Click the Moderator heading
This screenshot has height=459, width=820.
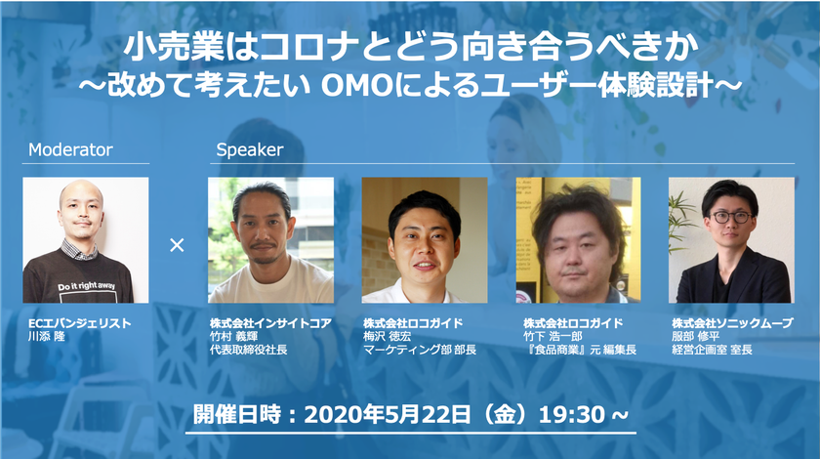coord(70,149)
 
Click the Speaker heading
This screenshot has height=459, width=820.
coord(250,150)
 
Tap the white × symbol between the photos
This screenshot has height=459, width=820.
coord(178,244)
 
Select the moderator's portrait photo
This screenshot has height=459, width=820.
coord(86,240)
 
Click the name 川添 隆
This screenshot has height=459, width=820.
coord(47,337)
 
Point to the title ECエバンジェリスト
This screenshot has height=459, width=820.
coord(79,323)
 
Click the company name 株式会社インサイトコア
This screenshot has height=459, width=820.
coord(271,323)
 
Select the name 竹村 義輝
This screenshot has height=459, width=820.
coord(233,337)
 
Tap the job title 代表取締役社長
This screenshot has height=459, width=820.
coord(249,350)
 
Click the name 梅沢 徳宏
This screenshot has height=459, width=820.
coord(388,337)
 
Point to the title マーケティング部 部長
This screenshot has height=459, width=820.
coord(420,350)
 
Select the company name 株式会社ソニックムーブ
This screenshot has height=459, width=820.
coord(733,323)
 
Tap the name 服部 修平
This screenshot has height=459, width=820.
coord(695,337)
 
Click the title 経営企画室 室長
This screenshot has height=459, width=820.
coord(712,350)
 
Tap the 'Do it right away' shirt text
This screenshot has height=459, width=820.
coord(87,286)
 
